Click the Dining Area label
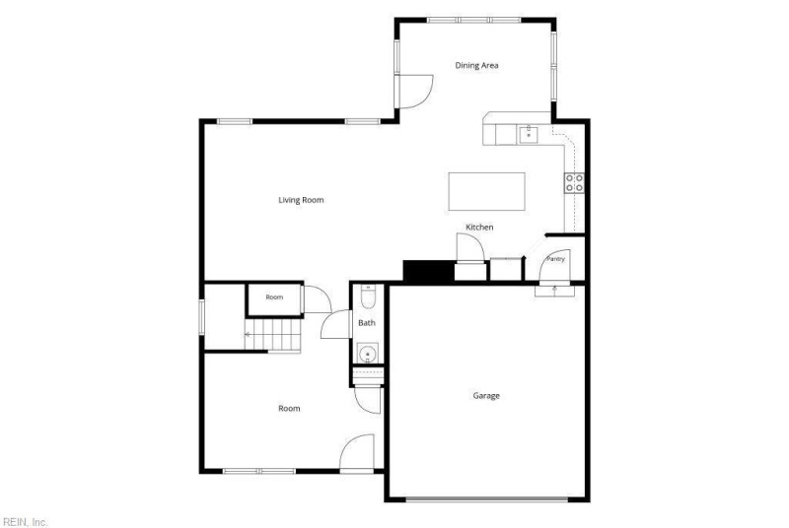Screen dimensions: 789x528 coord(476,65)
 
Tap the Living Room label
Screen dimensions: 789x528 coord(301,200)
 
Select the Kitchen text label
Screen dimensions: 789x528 coord(479,228)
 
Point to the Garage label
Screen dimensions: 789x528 coord(486,396)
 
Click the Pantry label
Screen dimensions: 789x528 coord(555,259)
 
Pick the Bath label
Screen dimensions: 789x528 coord(367,323)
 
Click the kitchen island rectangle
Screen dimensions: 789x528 coord(486,191)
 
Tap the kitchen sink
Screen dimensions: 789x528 coord(529,135)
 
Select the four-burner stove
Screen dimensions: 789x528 coord(574,183)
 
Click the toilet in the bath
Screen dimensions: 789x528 coord(368,297)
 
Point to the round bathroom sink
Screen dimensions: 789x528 coord(368,353)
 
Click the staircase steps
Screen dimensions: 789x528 coord(273,335)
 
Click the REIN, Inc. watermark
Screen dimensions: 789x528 coord(24,522)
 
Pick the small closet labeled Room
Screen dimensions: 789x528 coord(275,300)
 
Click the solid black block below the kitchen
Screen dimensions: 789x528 coord(429,271)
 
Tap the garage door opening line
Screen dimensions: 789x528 coord(486,499)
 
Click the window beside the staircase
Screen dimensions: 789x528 coord(202,317)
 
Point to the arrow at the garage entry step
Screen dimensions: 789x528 coord(555,290)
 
